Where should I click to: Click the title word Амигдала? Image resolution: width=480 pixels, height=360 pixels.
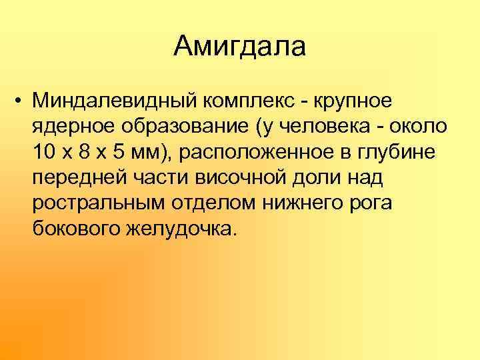pyautogui.click(x=240, y=47)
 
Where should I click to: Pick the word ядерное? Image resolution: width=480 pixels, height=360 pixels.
pyautogui.click(x=66, y=126)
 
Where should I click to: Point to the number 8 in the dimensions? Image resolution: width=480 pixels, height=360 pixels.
pyautogui.click(x=84, y=151)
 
